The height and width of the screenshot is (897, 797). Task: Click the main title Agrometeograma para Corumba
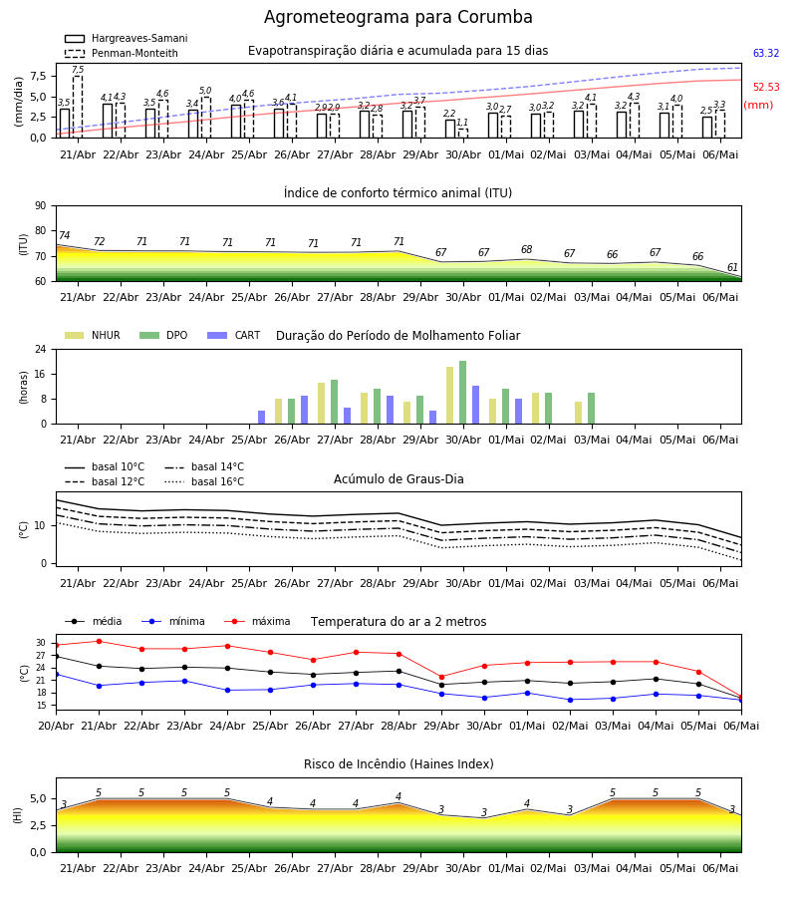pos(398,17)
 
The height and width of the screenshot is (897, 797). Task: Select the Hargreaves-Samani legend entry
pos(127,38)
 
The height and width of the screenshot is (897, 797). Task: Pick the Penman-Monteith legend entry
pos(122,53)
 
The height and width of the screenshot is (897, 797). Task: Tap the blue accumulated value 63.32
pos(766,53)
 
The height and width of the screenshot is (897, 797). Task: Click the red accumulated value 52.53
pos(766,87)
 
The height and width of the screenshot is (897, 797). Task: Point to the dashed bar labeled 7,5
pos(78,107)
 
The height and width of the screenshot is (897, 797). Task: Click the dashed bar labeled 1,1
pos(462,134)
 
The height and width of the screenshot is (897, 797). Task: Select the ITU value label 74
pos(64,235)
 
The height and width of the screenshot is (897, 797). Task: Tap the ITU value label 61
pos(732,267)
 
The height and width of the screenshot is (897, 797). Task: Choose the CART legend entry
pos(233,335)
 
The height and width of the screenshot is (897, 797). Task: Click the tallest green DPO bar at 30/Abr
pos(462,393)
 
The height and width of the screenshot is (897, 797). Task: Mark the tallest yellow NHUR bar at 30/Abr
pos(450,396)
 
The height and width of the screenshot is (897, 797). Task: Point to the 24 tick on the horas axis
pos(41,349)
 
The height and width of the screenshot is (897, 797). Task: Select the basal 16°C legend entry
pos(204,481)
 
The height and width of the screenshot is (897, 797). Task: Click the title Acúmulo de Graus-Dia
pos(398,479)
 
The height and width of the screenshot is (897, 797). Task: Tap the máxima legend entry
pos(257,621)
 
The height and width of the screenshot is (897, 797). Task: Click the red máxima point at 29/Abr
pos(441,677)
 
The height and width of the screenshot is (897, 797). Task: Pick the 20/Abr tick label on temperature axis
pos(56,726)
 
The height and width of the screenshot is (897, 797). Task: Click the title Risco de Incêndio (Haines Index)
pos(398,764)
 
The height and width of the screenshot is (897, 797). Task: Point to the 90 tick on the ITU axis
pos(41,206)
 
